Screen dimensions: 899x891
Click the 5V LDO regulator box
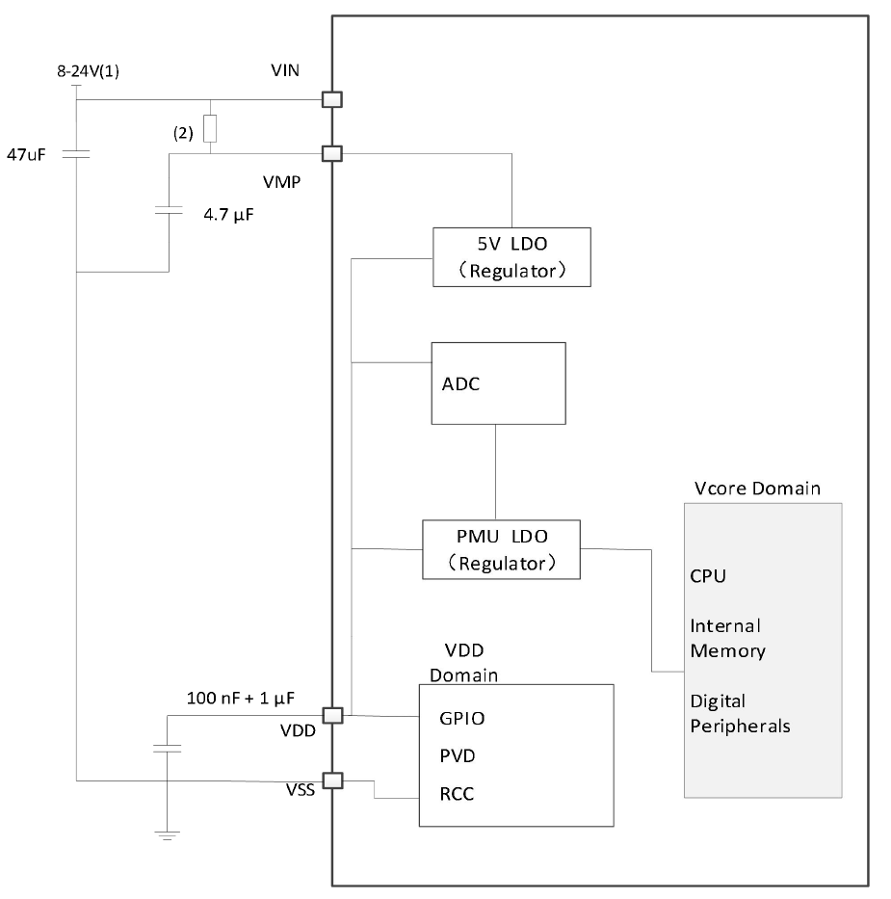coord(511,256)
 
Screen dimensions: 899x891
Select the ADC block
coord(497,383)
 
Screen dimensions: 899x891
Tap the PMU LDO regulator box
coord(502,549)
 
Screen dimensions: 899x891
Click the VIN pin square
coord(331,99)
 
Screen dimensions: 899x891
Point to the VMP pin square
coord(331,153)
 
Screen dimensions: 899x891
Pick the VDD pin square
coord(331,716)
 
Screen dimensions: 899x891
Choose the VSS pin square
coord(331,780)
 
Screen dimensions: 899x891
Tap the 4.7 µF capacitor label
coord(227,215)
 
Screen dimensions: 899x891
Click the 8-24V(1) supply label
coord(88,71)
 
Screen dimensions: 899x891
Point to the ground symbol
coord(167,835)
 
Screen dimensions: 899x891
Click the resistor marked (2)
coord(211,128)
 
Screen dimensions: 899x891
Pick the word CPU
coord(708,577)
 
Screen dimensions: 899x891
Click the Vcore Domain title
coord(757,489)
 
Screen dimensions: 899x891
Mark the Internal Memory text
coord(727,638)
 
